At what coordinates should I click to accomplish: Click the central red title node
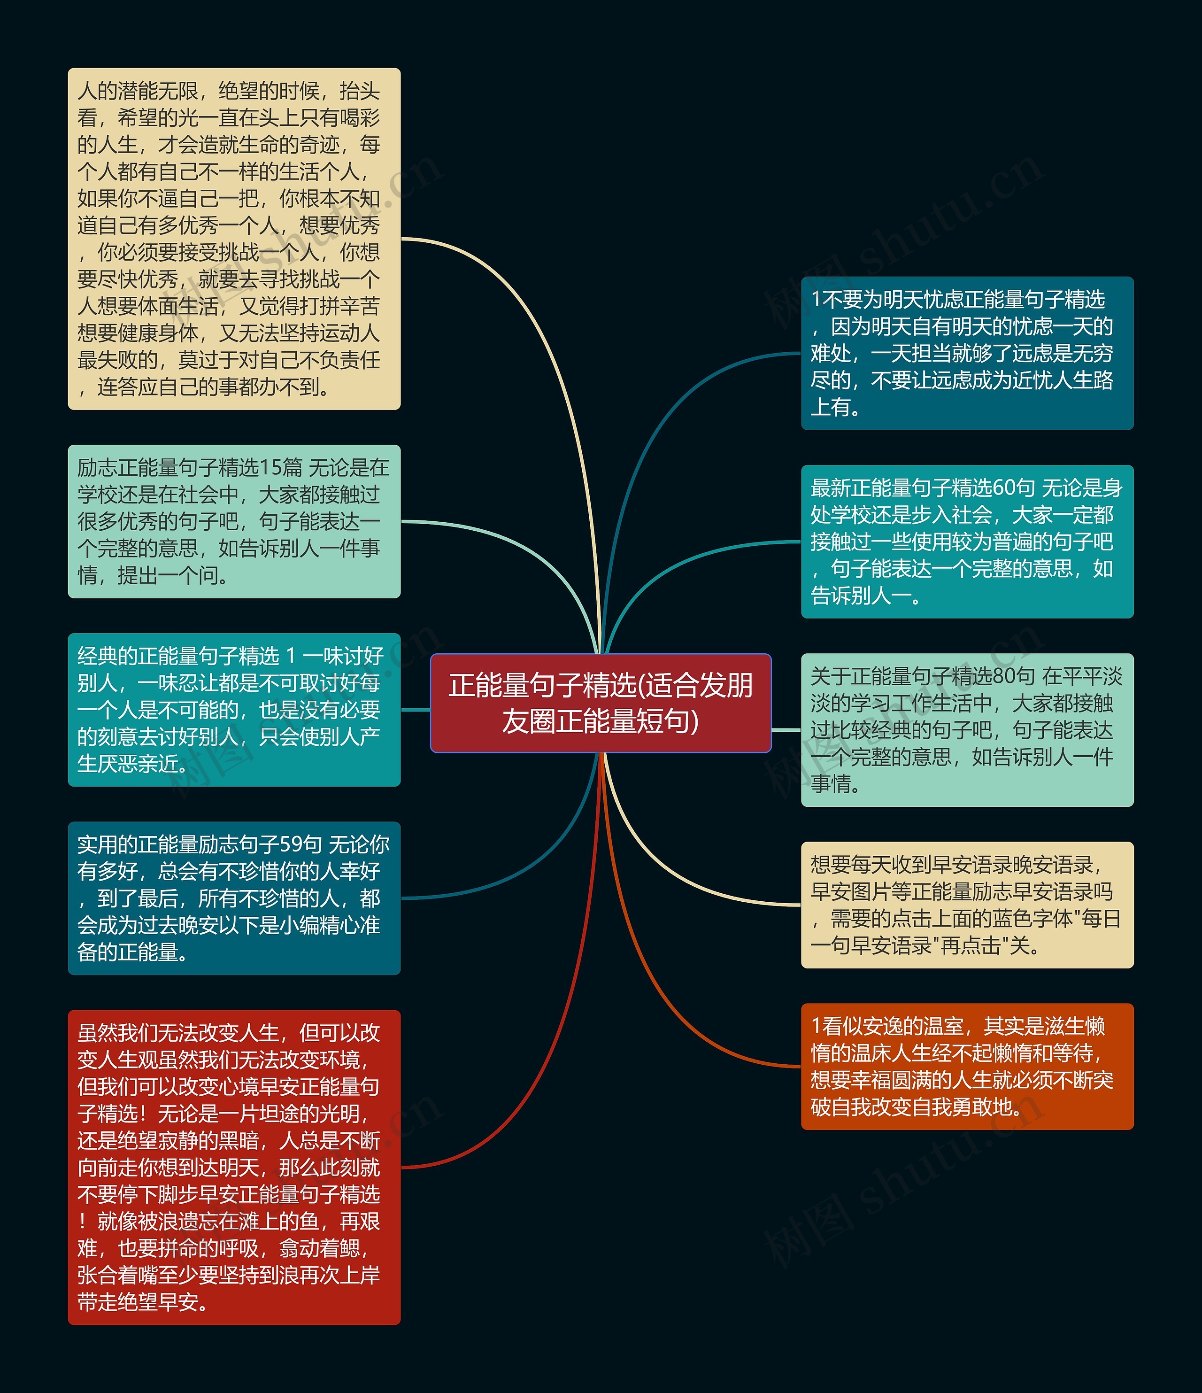coord(601,703)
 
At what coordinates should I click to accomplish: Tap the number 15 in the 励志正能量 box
coord(270,467)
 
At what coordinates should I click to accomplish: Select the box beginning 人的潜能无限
coord(234,239)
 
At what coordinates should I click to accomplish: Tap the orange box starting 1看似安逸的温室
coord(967,1066)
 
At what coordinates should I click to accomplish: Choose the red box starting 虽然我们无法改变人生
coord(234,1167)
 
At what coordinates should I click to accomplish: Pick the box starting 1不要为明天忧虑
coord(967,353)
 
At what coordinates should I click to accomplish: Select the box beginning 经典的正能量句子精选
coord(234,709)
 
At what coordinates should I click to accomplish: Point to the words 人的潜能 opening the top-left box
coord(118,91)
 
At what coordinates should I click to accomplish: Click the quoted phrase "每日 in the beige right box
coord(1096,918)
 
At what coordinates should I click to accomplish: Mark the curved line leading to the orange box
coord(672,995)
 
